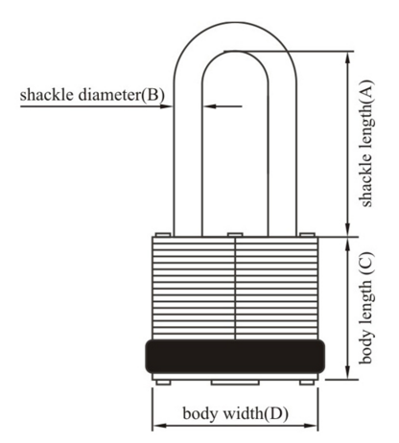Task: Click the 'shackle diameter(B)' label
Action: [x=92, y=95]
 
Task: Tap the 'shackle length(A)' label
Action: [x=365, y=143]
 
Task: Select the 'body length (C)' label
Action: [x=365, y=308]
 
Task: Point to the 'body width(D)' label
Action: [x=235, y=413]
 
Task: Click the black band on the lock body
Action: [x=235, y=357]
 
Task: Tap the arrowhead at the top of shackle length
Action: [x=348, y=58]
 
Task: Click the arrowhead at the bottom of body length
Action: [x=348, y=373]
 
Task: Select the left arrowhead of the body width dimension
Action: [x=159, y=426]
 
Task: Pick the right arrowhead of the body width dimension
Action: [x=311, y=426]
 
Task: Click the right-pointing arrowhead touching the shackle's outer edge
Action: [x=166, y=106]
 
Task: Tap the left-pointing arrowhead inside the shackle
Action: [x=210, y=106]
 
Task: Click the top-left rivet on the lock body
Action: [x=163, y=235]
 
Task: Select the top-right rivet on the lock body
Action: [x=307, y=235]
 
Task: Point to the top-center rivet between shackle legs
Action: [x=235, y=235]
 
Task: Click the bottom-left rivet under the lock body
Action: [x=163, y=383]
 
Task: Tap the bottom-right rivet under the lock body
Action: [x=307, y=383]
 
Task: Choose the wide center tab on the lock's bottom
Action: [x=235, y=383]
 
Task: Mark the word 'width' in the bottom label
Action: [x=243, y=413]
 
